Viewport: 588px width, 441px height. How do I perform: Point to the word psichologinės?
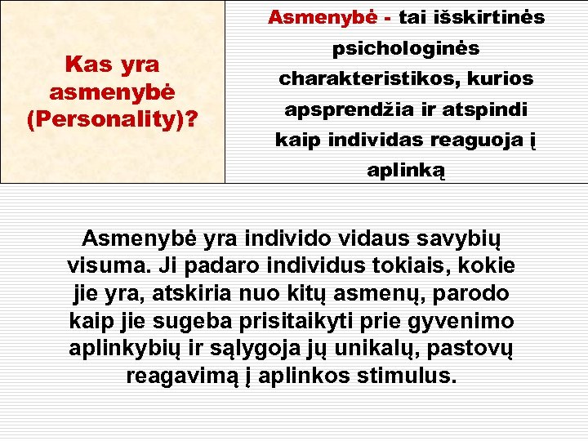point(405,49)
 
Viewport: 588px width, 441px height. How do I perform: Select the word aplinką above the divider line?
point(406,170)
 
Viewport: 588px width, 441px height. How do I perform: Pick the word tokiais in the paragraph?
point(412,266)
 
